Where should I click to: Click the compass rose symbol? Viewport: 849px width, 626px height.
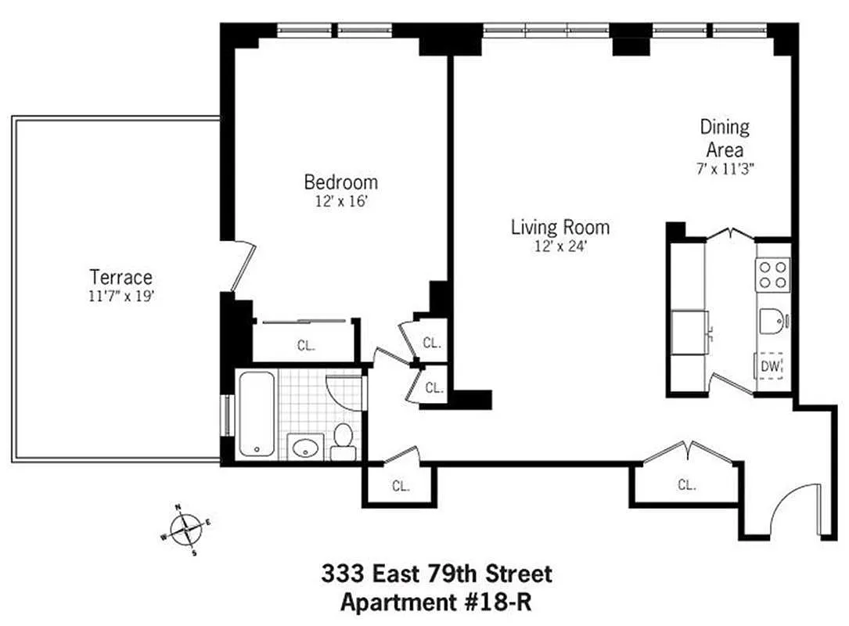point(185,531)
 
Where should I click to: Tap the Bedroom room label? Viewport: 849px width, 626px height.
point(340,182)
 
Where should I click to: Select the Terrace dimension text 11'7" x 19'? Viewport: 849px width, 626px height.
point(121,296)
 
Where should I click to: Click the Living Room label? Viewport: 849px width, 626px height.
point(559,228)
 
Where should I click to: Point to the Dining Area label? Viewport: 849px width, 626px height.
point(724,138)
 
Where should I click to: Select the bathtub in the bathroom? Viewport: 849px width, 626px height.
point(256,413)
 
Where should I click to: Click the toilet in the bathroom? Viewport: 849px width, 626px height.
point(343,441)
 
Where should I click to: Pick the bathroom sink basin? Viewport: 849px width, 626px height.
point(304,448)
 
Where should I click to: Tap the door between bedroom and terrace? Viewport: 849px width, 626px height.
point(243,266)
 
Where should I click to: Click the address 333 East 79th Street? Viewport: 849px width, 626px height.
point(437,574)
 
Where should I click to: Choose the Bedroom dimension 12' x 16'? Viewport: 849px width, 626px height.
point(340,201)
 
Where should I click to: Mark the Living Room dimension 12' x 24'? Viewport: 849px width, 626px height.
point(559,246)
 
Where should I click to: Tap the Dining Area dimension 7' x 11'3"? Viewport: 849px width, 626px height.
point(724,167)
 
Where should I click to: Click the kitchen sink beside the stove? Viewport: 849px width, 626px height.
point(772,322)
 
